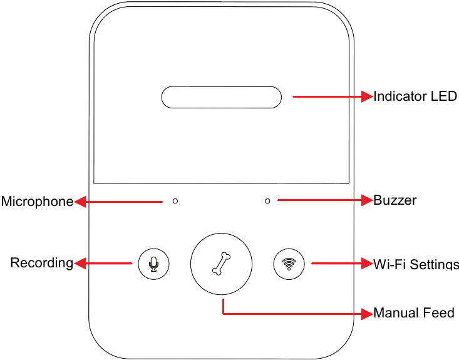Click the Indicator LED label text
415,97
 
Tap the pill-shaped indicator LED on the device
222,97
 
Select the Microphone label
37,202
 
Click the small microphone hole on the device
175,201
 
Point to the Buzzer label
395,200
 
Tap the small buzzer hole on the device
267,201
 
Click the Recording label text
42,263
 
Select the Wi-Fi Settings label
416,264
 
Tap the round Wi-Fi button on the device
289,264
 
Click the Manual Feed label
414,312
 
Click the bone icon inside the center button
221,264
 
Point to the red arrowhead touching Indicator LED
367,97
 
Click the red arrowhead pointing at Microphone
80,202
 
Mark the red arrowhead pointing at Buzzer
367,200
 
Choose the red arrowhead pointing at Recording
80,264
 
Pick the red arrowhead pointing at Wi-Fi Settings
367,264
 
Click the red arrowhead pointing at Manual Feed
367,312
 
